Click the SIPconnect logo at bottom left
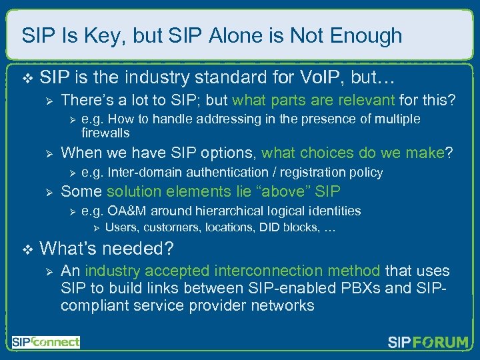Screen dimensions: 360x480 click(x=45, y=342)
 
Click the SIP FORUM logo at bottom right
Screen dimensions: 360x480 click(x=428, y=343)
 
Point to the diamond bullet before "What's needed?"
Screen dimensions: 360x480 click(x=26, y=249)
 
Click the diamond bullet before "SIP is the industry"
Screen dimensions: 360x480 click(x=26, y=79)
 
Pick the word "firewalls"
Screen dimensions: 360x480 click(x=105, y=133)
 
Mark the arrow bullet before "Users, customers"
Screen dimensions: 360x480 click(x=95, y=228)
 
